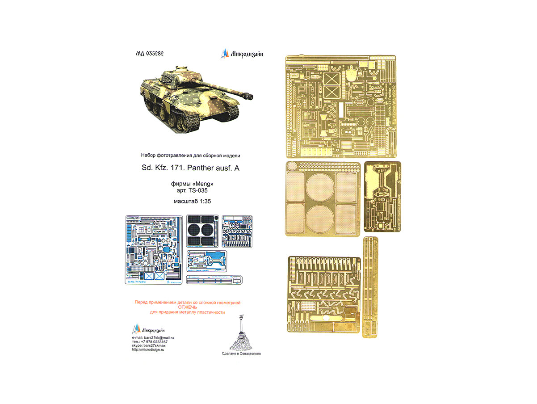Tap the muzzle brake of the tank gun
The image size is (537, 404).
(x=247, y=95)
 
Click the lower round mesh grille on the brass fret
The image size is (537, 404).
(x=320, y=218)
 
